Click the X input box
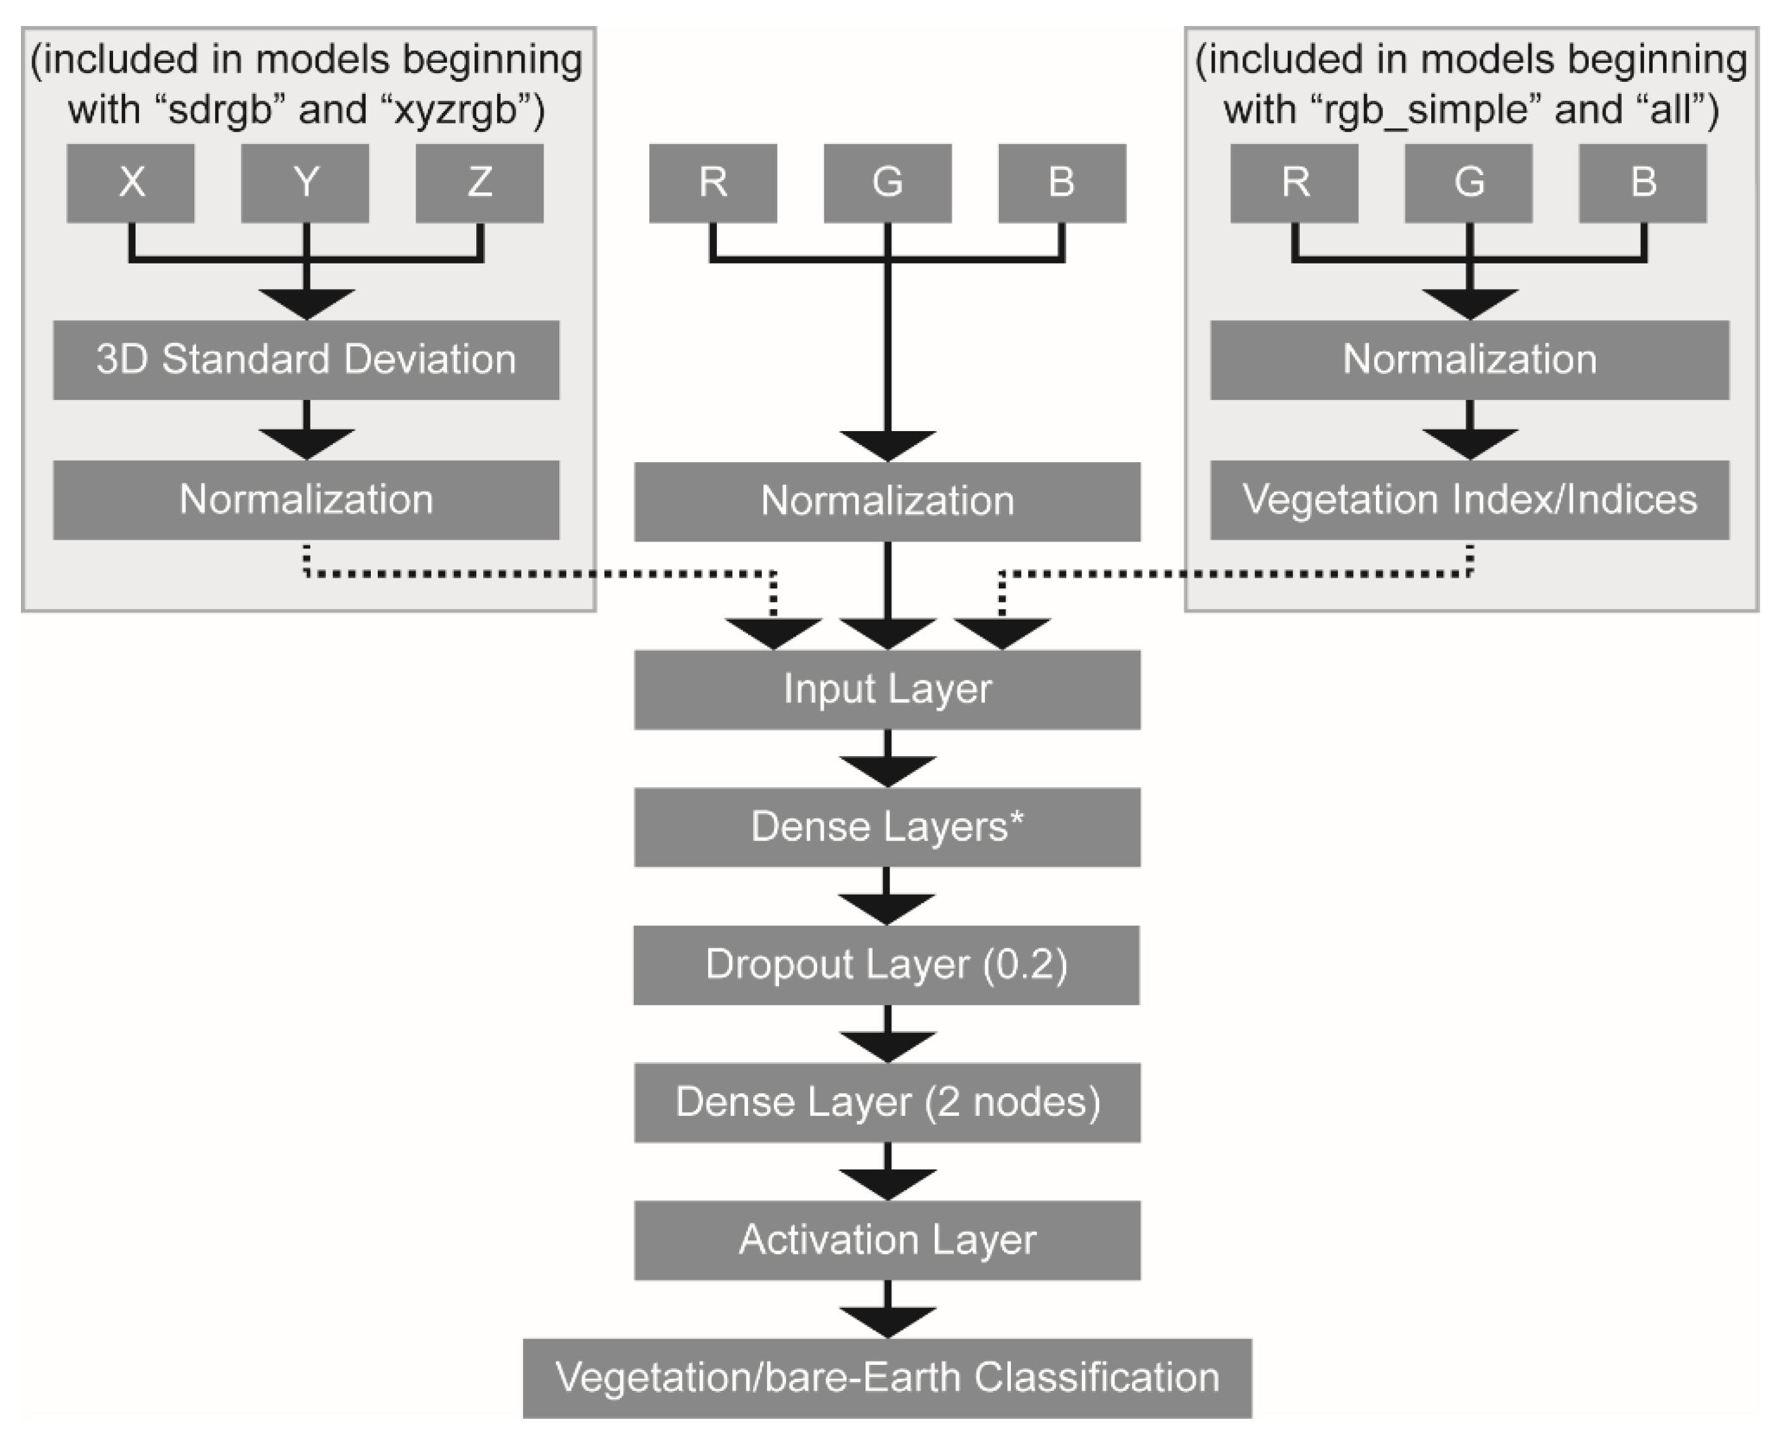click(x=131, y=183)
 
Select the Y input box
click(x=305, y=183)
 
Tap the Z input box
click(x=479, y=183)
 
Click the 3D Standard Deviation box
click(x=306, y=360)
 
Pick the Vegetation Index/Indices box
click(x=1469, y=500)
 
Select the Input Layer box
click(x=887, y=689)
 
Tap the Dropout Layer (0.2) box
click(x=886, y=964)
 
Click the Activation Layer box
click(x=887, y=1240)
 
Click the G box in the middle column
click(x=887, y=183)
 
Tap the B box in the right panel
click(x=1643, y=183)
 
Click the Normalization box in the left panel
click(x=306, y=500)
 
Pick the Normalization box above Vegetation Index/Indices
click(x=1469, y=360)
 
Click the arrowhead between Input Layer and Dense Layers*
click(x=887, y=771)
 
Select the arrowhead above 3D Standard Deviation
click(x=306, y=303)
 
